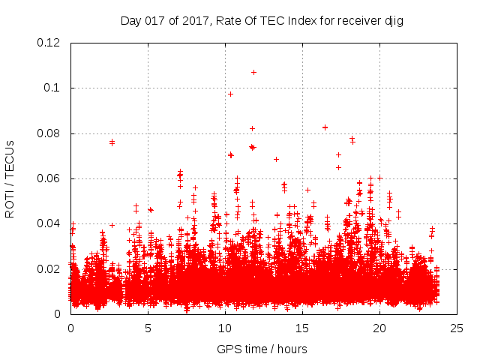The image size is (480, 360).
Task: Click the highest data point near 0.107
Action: (x=253, y=72)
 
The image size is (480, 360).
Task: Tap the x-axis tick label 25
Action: (x=457, y=328)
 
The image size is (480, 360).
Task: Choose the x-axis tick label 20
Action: (x=380, y=328)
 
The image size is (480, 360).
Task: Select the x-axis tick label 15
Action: (x=303, y=328)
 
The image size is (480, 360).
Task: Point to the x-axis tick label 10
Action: (x=225, y=328)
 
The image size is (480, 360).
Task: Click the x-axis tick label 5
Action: (x=148, y=328)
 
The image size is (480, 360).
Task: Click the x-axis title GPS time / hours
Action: (x=262, y=349)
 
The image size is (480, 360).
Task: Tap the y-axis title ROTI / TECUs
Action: (x=10, y=178)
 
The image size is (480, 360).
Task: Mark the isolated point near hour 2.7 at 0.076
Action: (x=112, y=142)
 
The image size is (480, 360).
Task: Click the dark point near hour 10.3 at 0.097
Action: (x=230, y=94)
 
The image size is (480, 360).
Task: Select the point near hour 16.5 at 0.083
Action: (x=325, y=127)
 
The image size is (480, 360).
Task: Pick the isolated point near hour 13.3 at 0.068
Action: (x=276, y=159)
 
